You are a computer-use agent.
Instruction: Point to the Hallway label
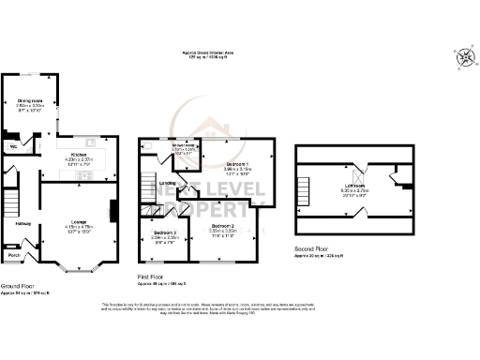click(23, 223)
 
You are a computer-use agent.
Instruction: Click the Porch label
click(14, 254)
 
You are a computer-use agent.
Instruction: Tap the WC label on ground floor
click(14, 147)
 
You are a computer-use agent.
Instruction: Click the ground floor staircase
click(12, 202)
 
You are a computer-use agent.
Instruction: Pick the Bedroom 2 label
click(221, 227)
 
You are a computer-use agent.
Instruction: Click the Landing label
click(169, 184)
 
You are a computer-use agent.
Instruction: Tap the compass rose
click(464, 58)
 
